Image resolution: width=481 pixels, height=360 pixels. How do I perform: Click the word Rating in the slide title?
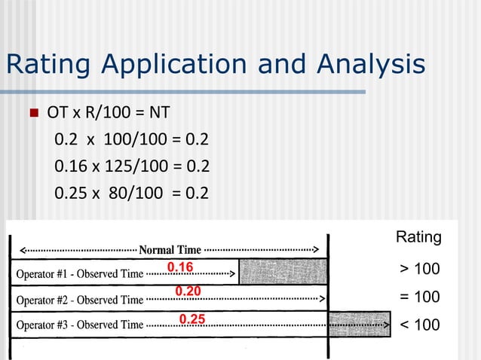[52, 66]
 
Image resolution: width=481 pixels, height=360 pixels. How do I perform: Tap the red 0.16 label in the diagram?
[180, 267]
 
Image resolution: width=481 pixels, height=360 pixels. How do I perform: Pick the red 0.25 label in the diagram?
[192, 319]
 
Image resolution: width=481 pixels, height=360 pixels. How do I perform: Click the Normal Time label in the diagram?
[170, 249]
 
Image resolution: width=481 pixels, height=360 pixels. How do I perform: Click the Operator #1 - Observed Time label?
[79, 274]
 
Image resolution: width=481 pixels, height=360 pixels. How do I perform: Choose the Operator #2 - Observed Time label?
[79, 300]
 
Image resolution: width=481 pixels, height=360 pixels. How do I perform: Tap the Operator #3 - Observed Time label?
[79, 325]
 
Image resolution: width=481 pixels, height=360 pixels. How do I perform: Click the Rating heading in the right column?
[418, 237]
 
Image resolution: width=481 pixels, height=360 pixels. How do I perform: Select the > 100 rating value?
[418, 270]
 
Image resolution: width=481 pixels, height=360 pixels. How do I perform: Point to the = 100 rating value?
[418, 297]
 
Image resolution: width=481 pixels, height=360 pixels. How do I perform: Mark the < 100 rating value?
[418, 325]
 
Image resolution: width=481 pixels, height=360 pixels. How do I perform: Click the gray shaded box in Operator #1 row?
[283, 271]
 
